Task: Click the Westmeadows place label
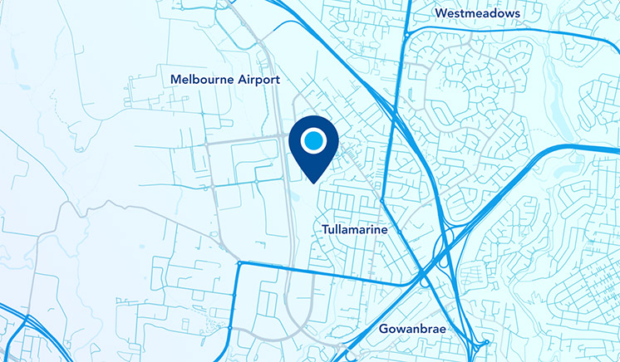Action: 477,14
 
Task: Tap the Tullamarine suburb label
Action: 354,228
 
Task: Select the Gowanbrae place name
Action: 412,330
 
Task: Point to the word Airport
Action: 258,80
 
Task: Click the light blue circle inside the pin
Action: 312,140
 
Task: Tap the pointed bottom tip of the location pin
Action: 312,182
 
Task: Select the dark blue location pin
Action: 312,149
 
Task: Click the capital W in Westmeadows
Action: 440,14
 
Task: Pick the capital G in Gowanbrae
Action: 383,330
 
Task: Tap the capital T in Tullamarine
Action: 323,228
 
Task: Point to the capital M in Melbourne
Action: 175,80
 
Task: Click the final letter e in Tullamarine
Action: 385,229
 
